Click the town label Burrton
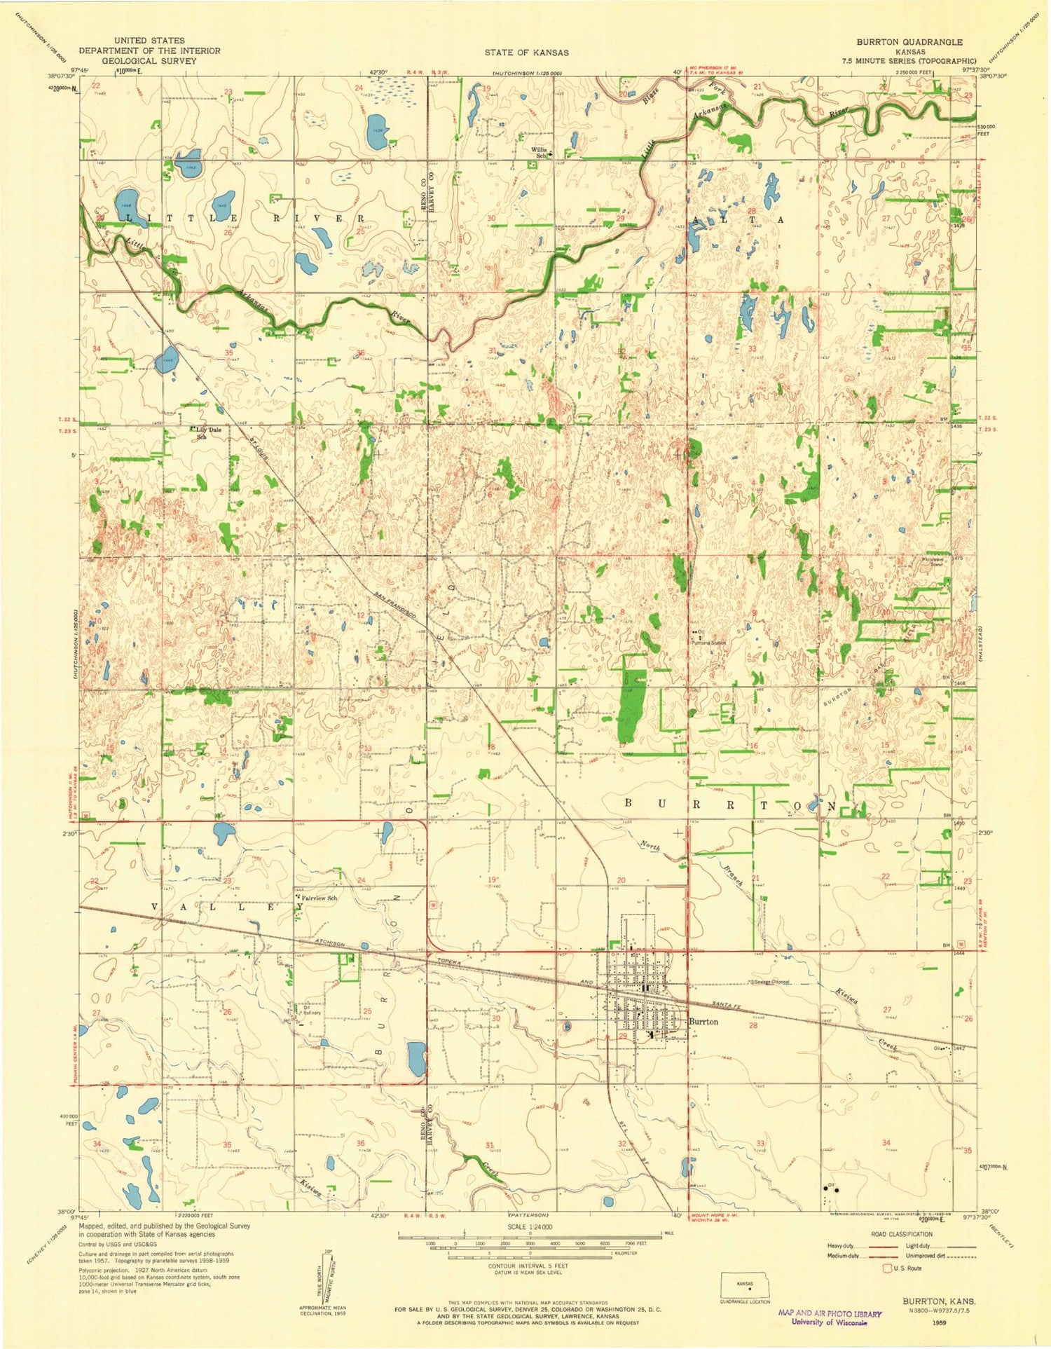pyautogui.click(x=703, y=1022)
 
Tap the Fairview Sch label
pyautogui.click(x=320, y=898)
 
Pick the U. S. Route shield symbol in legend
pyautogui.click(x=888, y=1268)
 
